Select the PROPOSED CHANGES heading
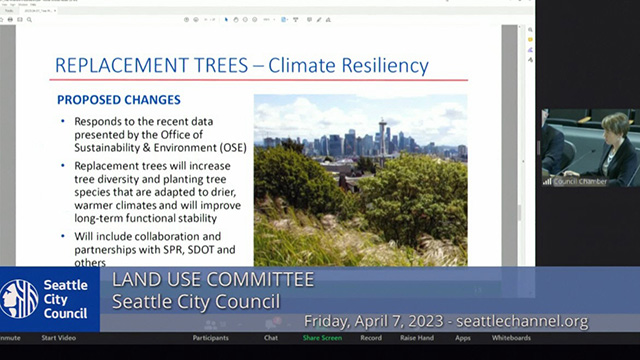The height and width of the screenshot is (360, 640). (118, 100)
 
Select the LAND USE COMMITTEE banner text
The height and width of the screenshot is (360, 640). (212, 279)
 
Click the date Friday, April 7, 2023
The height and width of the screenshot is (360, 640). (374, 322)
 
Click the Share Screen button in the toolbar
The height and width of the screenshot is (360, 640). (322, 338)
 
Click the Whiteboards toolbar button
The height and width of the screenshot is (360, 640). (511, 338)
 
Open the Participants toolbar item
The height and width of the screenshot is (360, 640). (210, 338)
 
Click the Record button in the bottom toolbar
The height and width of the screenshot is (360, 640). (370, 338)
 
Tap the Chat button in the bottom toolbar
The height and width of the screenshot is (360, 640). (270, 338)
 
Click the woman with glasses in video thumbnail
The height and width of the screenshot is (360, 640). (614, 145)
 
